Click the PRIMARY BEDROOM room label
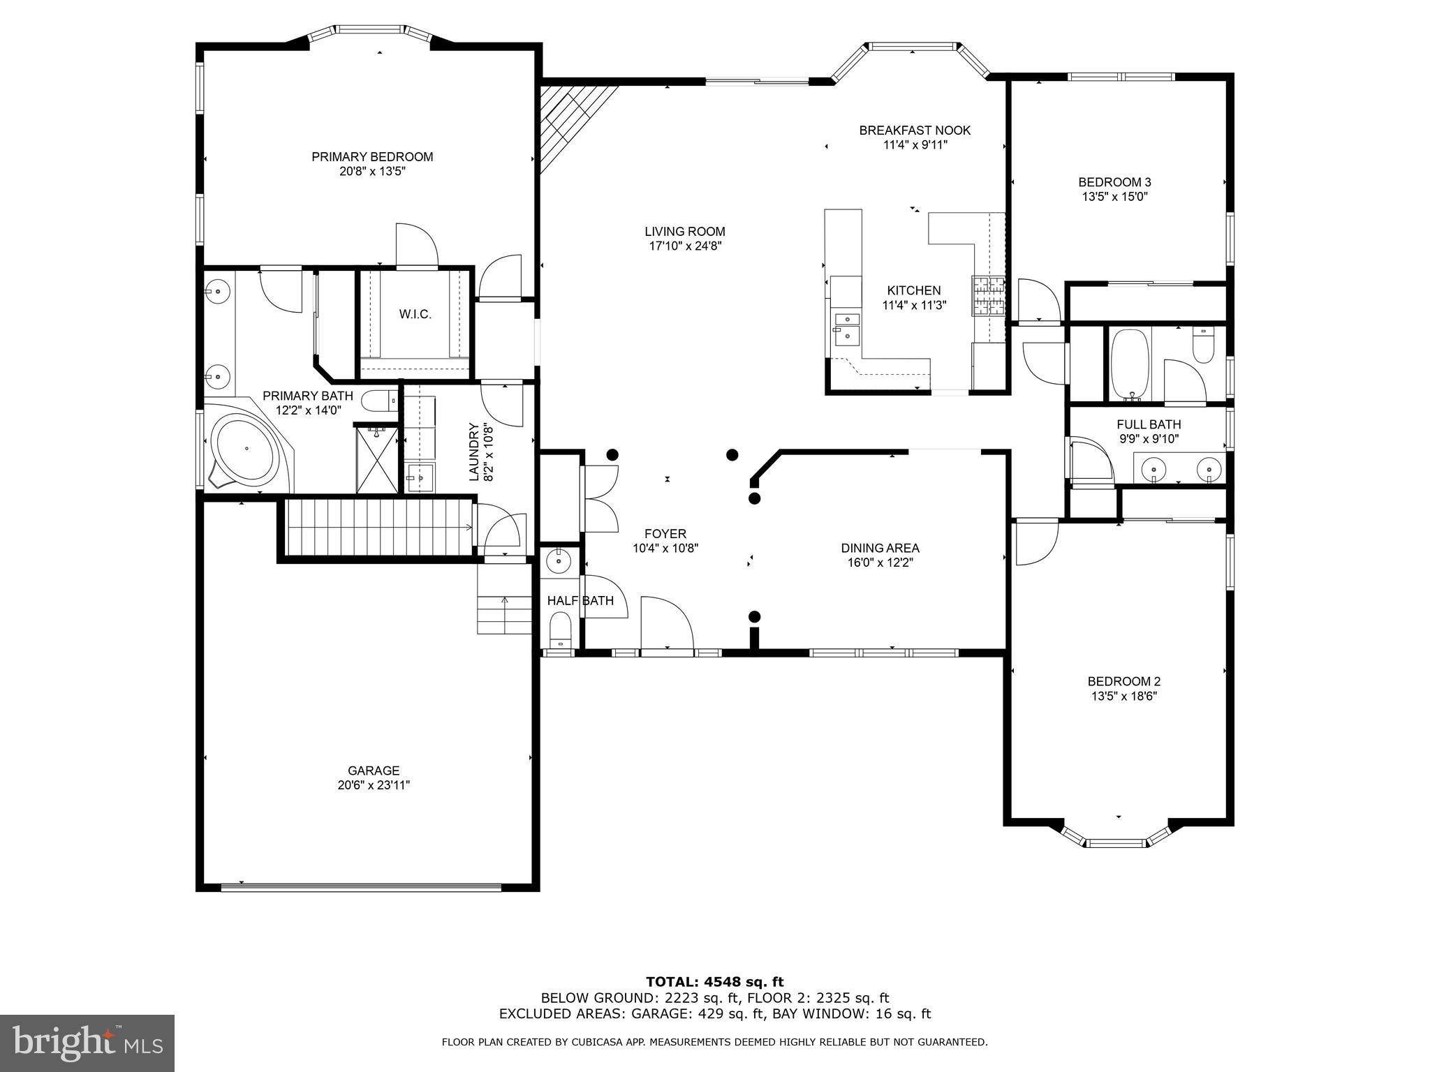click(x=372, y=157)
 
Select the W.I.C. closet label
click(x=415, y=315)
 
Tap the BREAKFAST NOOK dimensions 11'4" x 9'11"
click(x=915, y=145)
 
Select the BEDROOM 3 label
click(x=1114, y=182)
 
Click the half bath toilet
click(x=560, y=627)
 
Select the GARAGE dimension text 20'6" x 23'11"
click(x=374, y=785)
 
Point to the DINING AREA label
click(x=880, y=548)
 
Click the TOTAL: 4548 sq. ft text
click(x=714, y=983)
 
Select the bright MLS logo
click(x=87, y=1043)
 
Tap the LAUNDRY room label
click(x=474, y=452)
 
